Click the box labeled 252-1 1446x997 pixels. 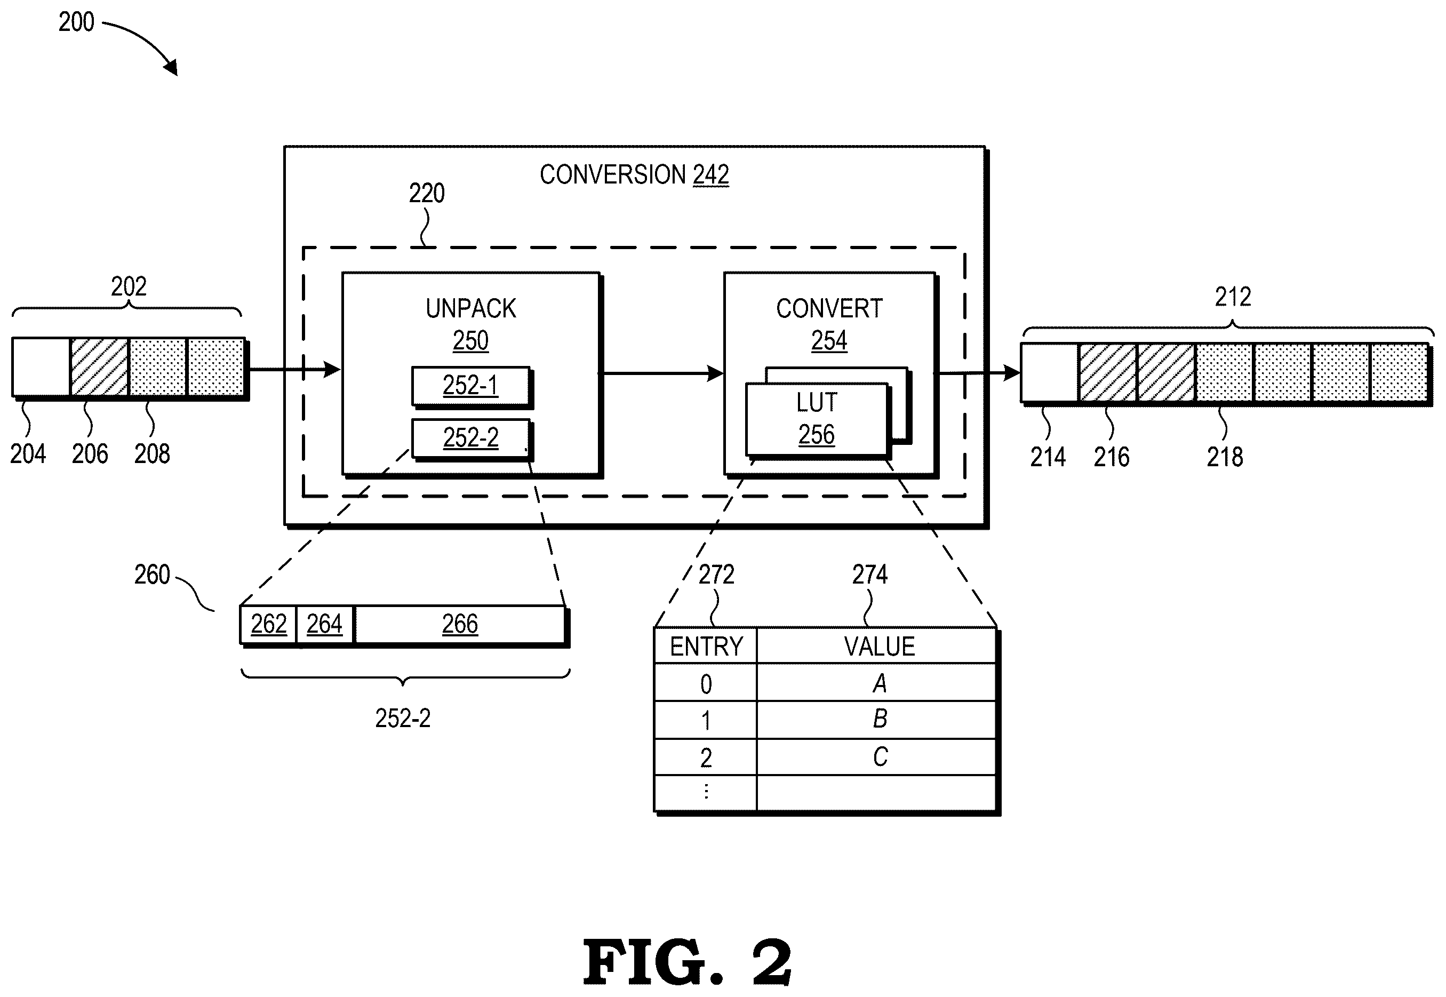pyautogui.click(x=471, y=386)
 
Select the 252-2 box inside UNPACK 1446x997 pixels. pyautogui.click(x=471, y=438)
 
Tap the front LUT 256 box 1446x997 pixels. pyautogui.click(x=817, y=419)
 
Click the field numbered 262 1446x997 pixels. pyautogui.click(x=269, y=624)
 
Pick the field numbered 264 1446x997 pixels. pyautogui.click(x=325, y=624)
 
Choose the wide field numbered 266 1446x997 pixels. pyautogui.click(x=460, y=624)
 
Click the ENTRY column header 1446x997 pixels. pyautogui.click(x=706, y=646)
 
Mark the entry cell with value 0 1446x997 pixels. pyautogui.click(x=706, y=682)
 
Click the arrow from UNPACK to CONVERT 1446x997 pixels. pyautogui.click(x=661, y=373)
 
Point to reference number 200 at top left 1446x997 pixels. pyautogui.click(x=76, y=22)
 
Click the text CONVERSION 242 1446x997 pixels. pyautogui.click(x=634, y=175)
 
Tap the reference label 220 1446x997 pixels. pyautogui.click(x=427, y=193)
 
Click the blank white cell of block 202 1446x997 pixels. pyautogui.click(x=41, y=366)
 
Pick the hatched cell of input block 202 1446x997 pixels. pyautogui.click(x=99, y=366)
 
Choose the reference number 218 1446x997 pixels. pyautogui.click(x=1225, y=457)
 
